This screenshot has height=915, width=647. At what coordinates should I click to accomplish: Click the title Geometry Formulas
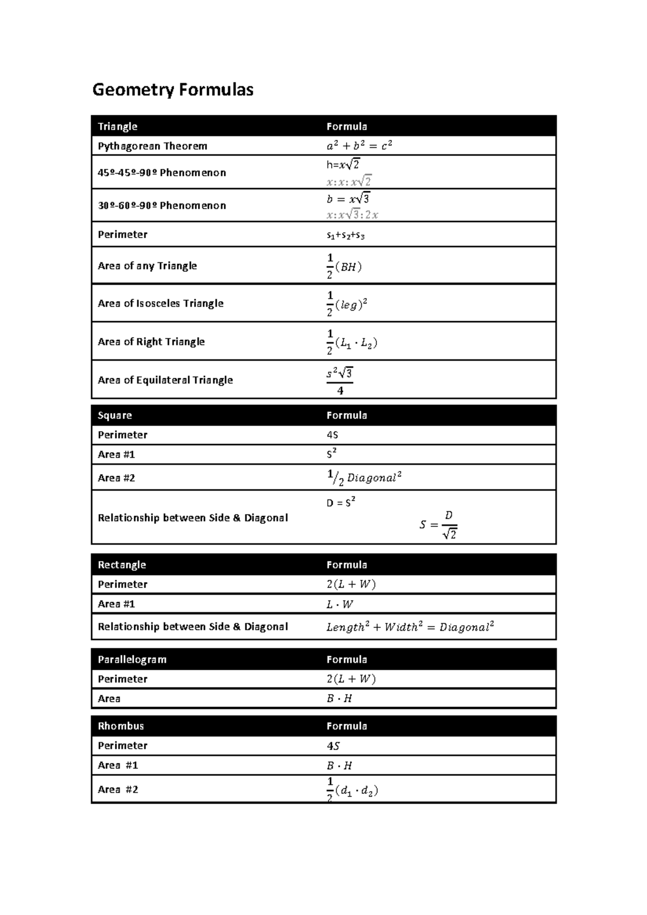coord(173,89)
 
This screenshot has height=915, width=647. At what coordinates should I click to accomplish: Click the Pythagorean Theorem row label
coord(153,146)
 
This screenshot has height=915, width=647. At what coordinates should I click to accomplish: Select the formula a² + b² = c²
coord(359,145)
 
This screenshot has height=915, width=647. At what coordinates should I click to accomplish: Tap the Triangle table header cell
coord(118,127)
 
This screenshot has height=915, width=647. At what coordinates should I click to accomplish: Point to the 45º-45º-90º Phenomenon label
coord(162,173)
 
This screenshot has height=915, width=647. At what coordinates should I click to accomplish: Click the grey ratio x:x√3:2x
coord(352,215)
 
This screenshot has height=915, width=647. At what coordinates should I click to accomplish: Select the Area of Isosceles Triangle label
coord(161,303)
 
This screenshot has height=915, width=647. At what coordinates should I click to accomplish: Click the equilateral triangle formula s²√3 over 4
coord(340,380)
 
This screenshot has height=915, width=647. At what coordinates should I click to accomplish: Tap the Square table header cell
coord(115,415)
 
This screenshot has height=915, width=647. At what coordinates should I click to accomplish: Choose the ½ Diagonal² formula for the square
coord(364,477)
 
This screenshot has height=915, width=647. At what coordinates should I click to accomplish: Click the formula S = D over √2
coord(438,525)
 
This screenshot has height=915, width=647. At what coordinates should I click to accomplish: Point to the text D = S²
coord(341,503)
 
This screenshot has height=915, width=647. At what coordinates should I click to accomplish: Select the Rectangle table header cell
coord(122,565)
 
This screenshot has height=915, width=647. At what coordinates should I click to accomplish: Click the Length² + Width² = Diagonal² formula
coord(410,627)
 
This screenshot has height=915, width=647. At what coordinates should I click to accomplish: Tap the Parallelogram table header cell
coord(132,660)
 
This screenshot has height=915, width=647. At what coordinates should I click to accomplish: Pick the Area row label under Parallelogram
coord(109,699)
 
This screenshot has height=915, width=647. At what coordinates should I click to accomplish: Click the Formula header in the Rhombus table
coord(347,726)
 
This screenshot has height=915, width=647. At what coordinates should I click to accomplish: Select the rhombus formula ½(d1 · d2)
coord(352,791)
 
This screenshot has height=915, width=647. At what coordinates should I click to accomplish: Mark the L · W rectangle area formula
coord(340,605)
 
